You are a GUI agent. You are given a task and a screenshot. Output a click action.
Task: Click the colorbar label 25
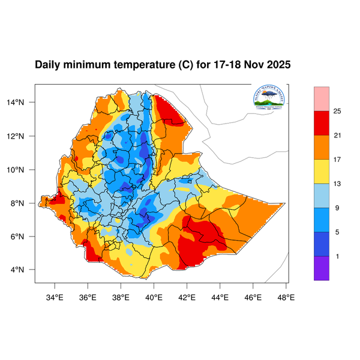pos(338,111)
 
